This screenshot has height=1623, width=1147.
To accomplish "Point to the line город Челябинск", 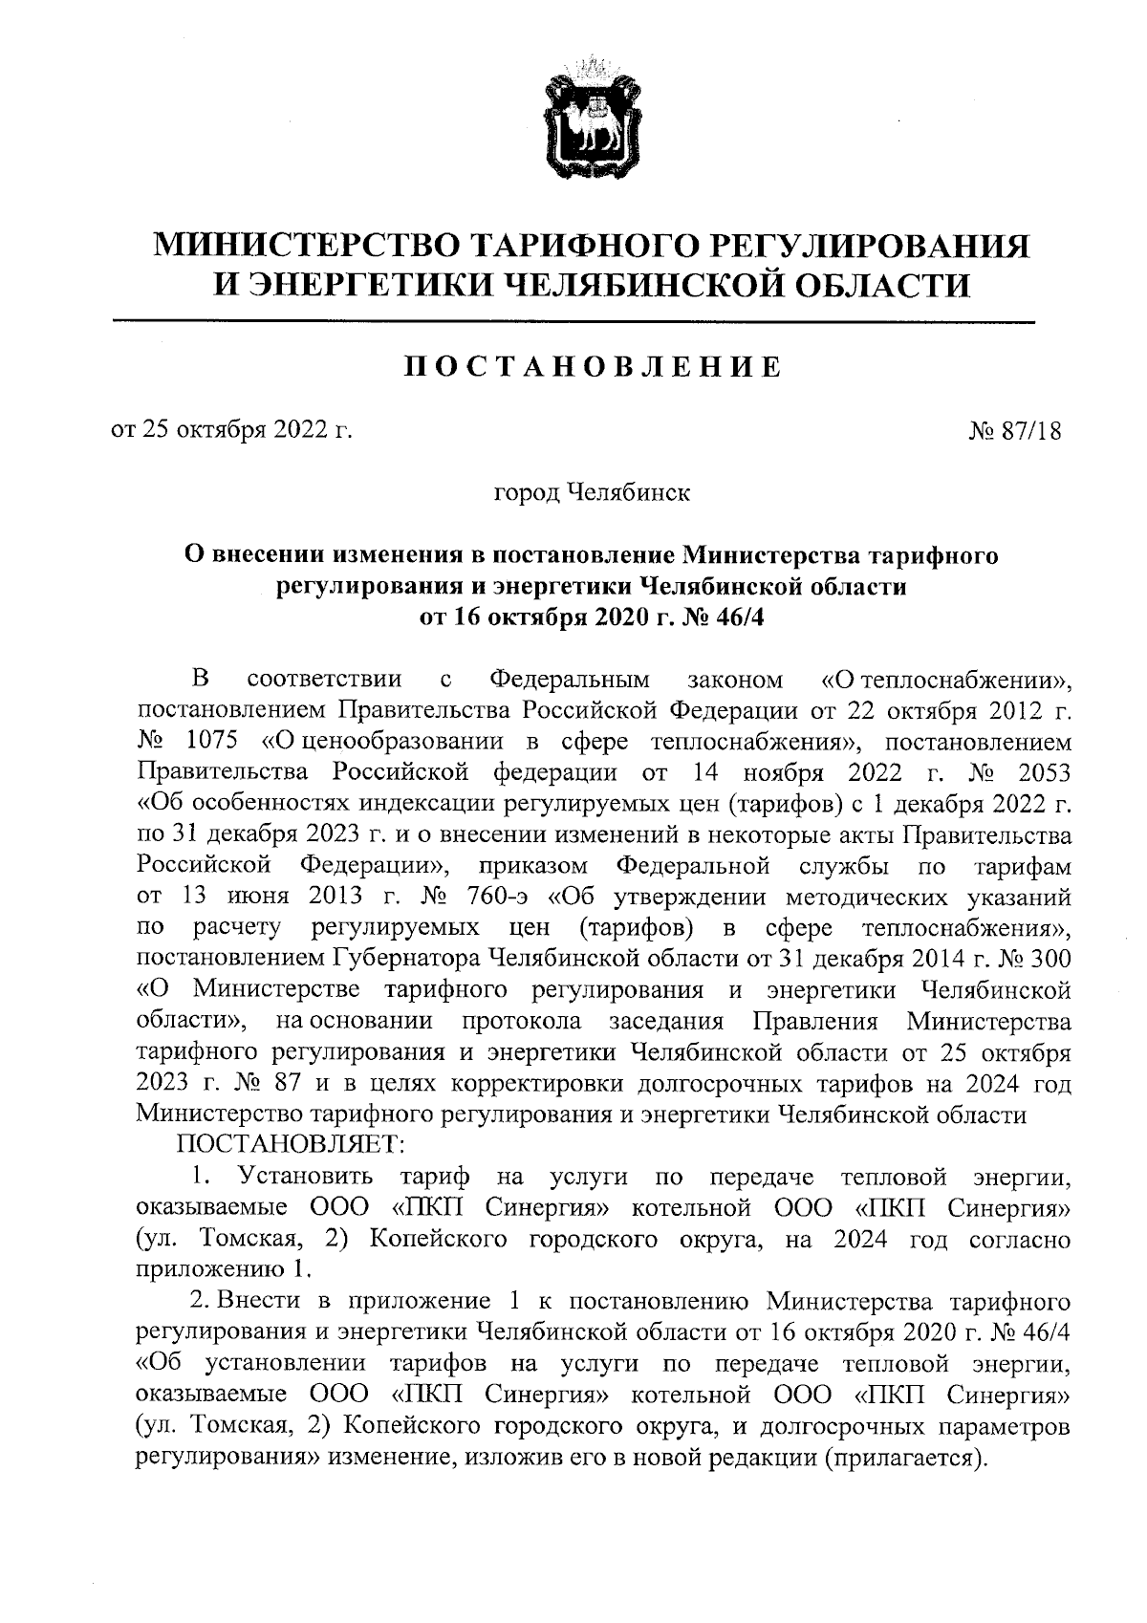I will click(591, 494).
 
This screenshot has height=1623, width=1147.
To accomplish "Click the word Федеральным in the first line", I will click(570, 681).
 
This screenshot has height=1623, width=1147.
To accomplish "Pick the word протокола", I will click(521, 1021).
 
